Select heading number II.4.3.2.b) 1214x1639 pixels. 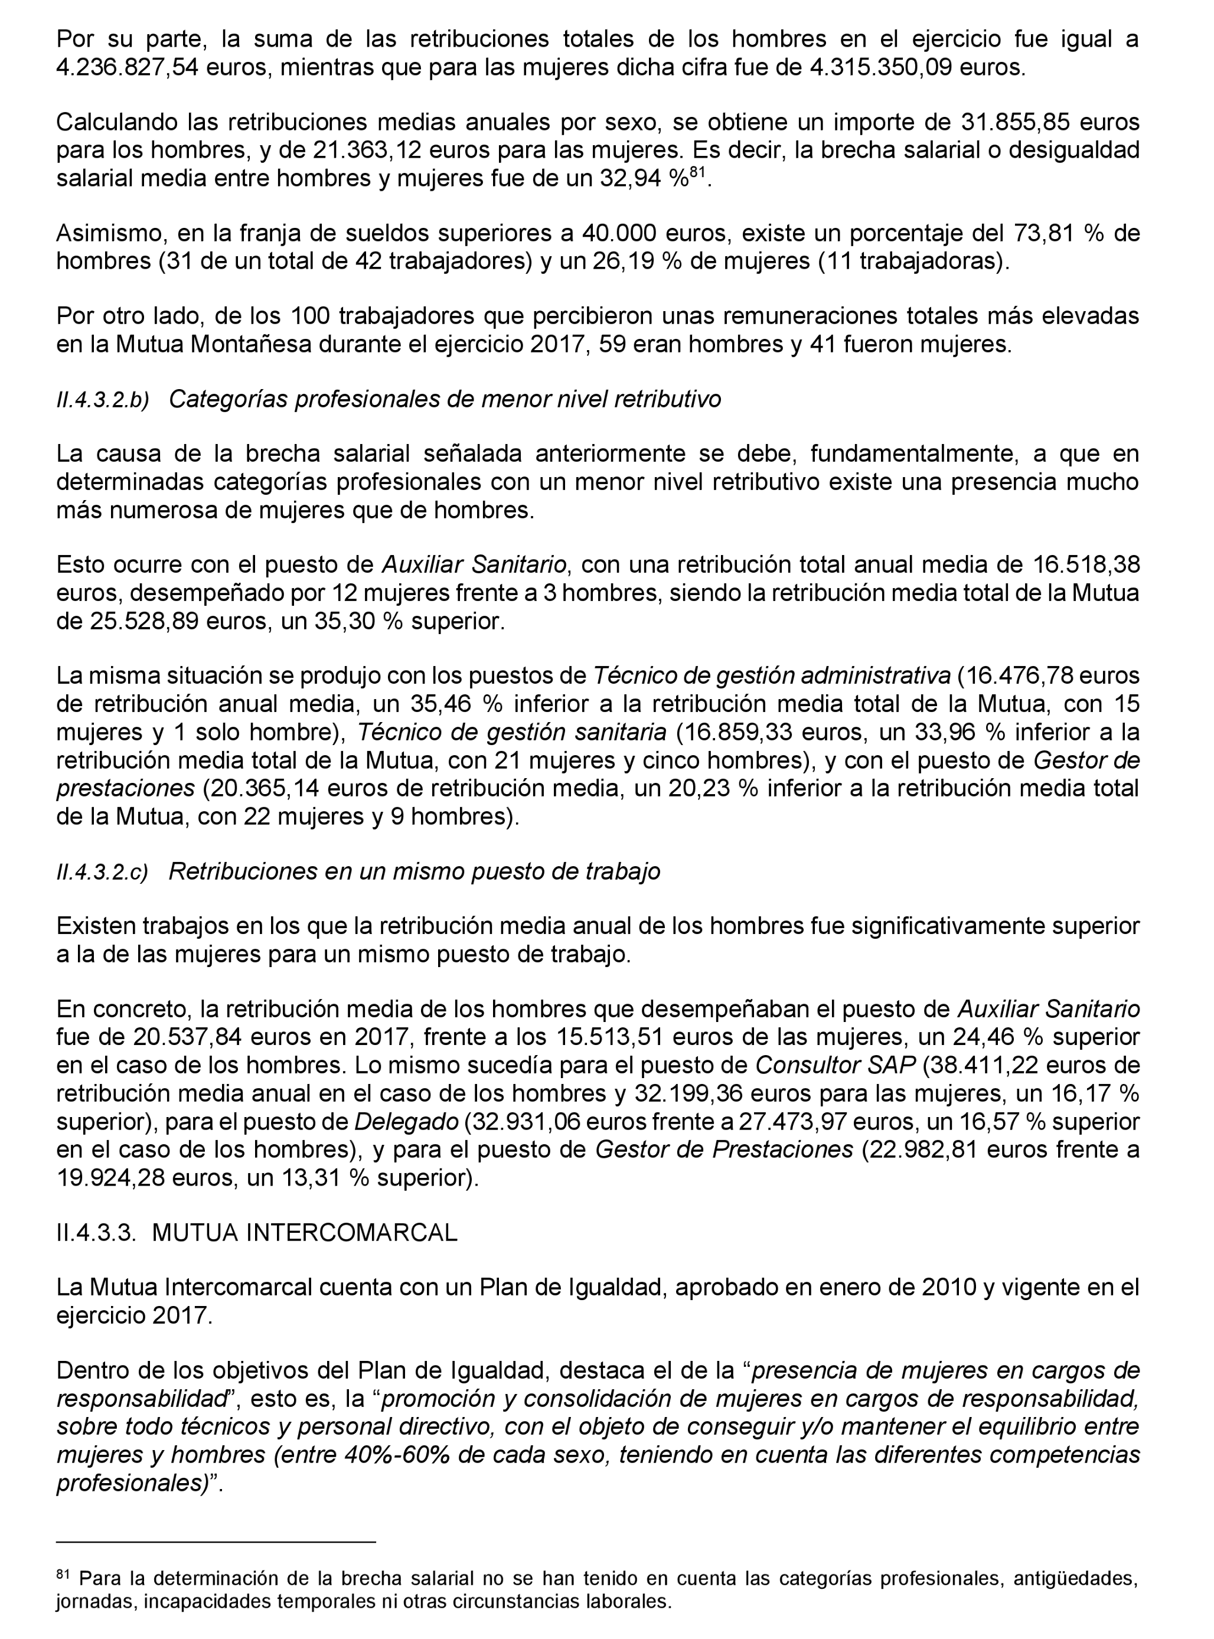click(103, 400)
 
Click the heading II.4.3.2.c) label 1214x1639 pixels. click(102, 872)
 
